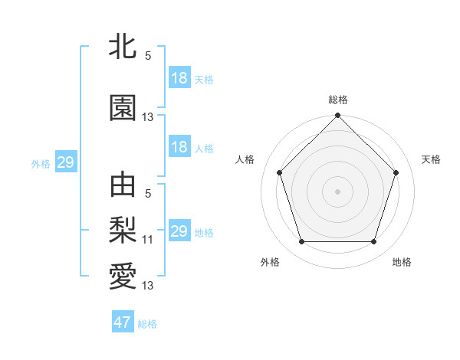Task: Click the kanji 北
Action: click(x=123, y=47)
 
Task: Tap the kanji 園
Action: click(x=123, y=109)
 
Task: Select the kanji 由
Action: click(x=123, y=185)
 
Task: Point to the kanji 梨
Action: click(x=123, y=228)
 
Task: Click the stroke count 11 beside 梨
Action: click(x=148, y=240)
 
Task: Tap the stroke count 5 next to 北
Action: click(x=148, y=56)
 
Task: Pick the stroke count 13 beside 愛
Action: click(x=148, y=286)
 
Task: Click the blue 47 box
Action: click(x=123, y=322)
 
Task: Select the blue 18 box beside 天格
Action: click(x=179, y=78)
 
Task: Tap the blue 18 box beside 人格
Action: click(x=179, y=147)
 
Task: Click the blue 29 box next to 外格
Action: click(x=65, y=162)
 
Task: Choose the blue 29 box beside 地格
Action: click(x=179, y=231)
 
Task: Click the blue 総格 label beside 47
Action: click(x=147, y=324)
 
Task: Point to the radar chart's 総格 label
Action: click(x=338, y=100)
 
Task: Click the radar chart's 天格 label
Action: click(x=432, y=159)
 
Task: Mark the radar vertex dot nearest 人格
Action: click(x=279, y=172)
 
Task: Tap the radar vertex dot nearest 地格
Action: click(x=374, y=242)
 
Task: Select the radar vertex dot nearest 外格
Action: click(x=301, y=242)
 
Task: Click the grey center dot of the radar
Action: click(x=337, y=191)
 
